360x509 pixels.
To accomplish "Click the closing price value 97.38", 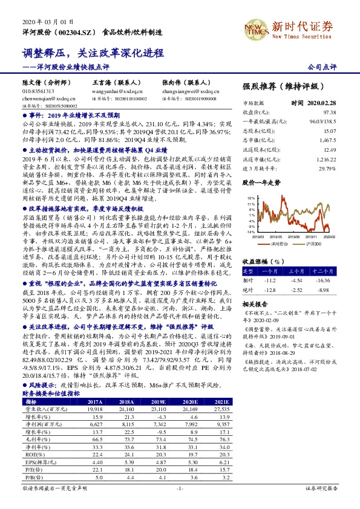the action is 329,112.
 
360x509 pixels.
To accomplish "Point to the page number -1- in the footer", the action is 179,487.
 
